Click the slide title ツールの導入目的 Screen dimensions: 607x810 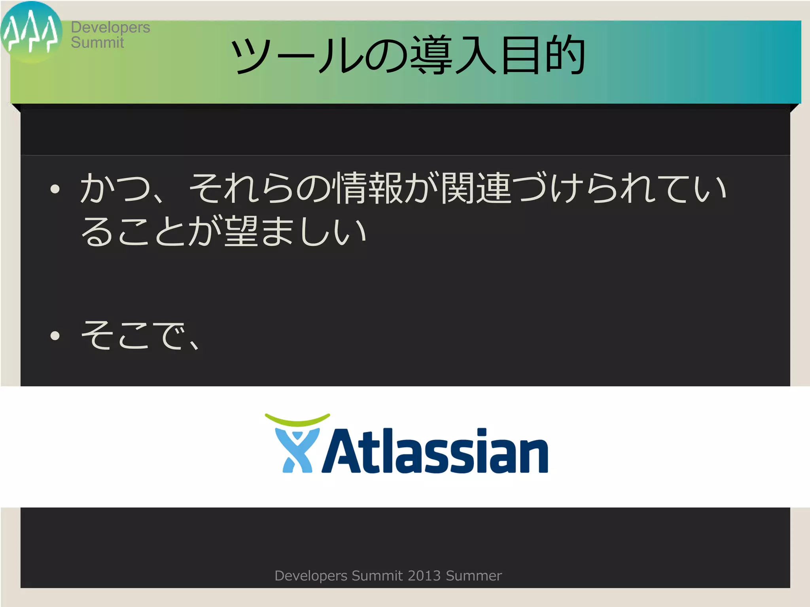tap(407, 55)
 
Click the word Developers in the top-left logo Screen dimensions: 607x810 tap(110, 28)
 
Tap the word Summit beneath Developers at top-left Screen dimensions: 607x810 tap(97, 43)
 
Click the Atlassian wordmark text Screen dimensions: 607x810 tap(435, 451)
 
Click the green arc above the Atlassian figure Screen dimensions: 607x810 tap(297, 420)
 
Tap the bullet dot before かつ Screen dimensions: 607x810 tap(55, 189)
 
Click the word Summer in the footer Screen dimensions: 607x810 tap(473, 576)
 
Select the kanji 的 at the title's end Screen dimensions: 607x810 tap(565, 55)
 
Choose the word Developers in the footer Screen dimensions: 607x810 tap(311, 576)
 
